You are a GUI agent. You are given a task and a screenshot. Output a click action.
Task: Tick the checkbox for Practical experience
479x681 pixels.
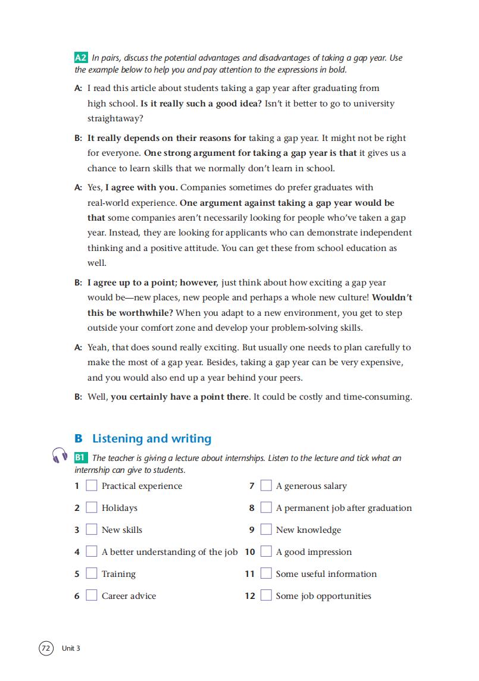coord(92,486)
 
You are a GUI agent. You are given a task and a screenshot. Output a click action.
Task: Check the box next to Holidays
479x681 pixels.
coord(92,508)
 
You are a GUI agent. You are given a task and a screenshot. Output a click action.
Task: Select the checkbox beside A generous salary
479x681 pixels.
coord(266,486)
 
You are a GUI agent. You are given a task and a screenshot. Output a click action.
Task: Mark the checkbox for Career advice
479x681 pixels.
coord(92,596)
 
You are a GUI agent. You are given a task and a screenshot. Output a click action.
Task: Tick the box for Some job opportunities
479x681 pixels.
coord(266,596)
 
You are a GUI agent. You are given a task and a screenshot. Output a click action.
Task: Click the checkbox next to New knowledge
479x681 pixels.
coord(266,530)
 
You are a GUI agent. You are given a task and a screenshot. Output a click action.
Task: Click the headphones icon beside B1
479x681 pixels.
coord(60,456)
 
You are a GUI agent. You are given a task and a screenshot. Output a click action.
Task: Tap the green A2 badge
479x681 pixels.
coord(81,58)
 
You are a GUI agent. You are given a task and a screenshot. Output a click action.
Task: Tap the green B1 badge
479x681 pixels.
coord(81,458)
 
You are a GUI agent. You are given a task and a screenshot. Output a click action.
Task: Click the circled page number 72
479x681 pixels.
coord(46,648)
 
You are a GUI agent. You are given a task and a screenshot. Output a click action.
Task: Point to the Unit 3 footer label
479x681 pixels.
coord(71,648)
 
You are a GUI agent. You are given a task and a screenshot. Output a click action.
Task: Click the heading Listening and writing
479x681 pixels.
coord(152,439)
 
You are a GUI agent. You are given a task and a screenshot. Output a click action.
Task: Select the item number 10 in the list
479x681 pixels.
coord(250,552)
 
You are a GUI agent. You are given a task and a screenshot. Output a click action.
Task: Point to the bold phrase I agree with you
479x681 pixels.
coord(141,187)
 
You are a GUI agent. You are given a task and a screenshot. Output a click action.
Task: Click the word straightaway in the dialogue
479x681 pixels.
coord(115,118)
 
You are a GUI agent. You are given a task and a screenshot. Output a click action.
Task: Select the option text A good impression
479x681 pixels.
coord(314,552)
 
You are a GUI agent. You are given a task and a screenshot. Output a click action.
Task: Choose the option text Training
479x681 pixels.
coord(118,574)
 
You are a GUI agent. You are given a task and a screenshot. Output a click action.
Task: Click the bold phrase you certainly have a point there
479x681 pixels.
coord(180,397)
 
